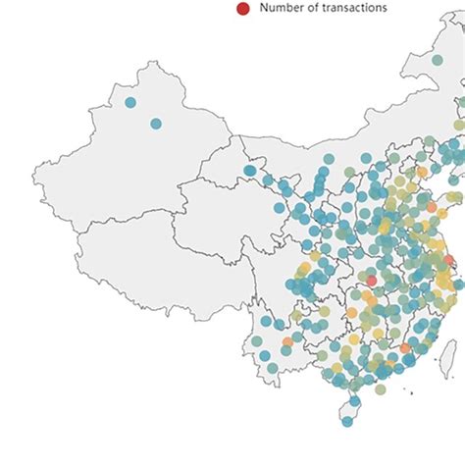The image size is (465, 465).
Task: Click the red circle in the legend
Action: [242, 9]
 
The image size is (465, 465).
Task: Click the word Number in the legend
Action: [283, 8]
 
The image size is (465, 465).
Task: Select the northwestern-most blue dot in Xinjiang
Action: [130, 102]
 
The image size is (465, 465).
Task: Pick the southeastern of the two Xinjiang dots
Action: [156, 124]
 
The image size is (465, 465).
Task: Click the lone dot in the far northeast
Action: [438, 60]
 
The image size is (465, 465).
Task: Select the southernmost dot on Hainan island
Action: [347, 422]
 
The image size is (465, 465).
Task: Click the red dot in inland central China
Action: [371, 281]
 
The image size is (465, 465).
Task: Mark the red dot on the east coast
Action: [450, 259]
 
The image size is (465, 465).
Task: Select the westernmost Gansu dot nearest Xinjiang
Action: [250, 172]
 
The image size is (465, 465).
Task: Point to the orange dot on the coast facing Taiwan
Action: [405, 349]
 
